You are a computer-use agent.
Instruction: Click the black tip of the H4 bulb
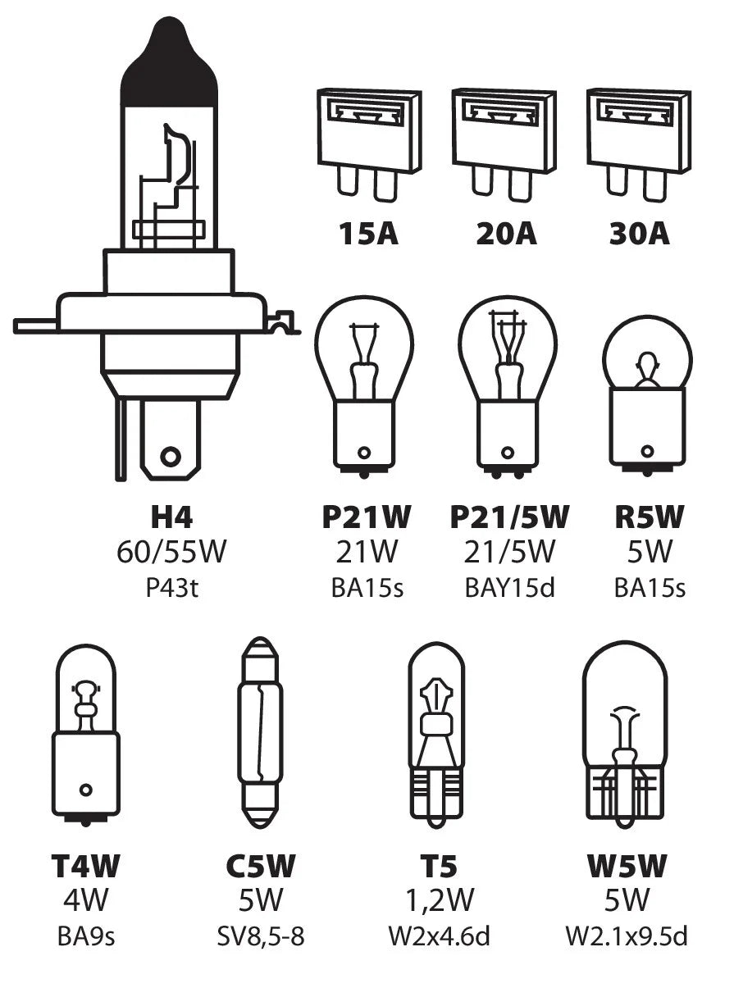click(170, 70)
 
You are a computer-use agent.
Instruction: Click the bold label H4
click(171, 518)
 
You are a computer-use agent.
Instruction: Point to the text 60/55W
click(171, 553)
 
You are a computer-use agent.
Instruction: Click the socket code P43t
click(171, 588)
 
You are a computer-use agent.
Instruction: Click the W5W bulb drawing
click(624, 730)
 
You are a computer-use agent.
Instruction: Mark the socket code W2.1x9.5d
click(626, 936)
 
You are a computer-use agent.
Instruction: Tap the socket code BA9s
click(85, 936)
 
